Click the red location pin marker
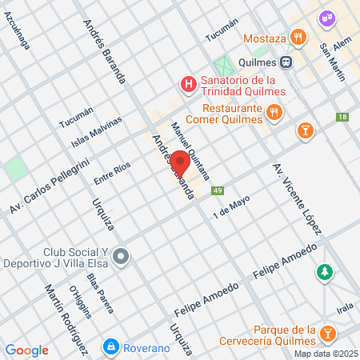180,162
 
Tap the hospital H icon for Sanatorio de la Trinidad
189,83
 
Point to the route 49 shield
218,190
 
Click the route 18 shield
342,118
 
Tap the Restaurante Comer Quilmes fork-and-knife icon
274,113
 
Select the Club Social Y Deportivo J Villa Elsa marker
121,256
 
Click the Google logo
27,350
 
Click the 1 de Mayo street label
231,207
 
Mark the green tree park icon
324,273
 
